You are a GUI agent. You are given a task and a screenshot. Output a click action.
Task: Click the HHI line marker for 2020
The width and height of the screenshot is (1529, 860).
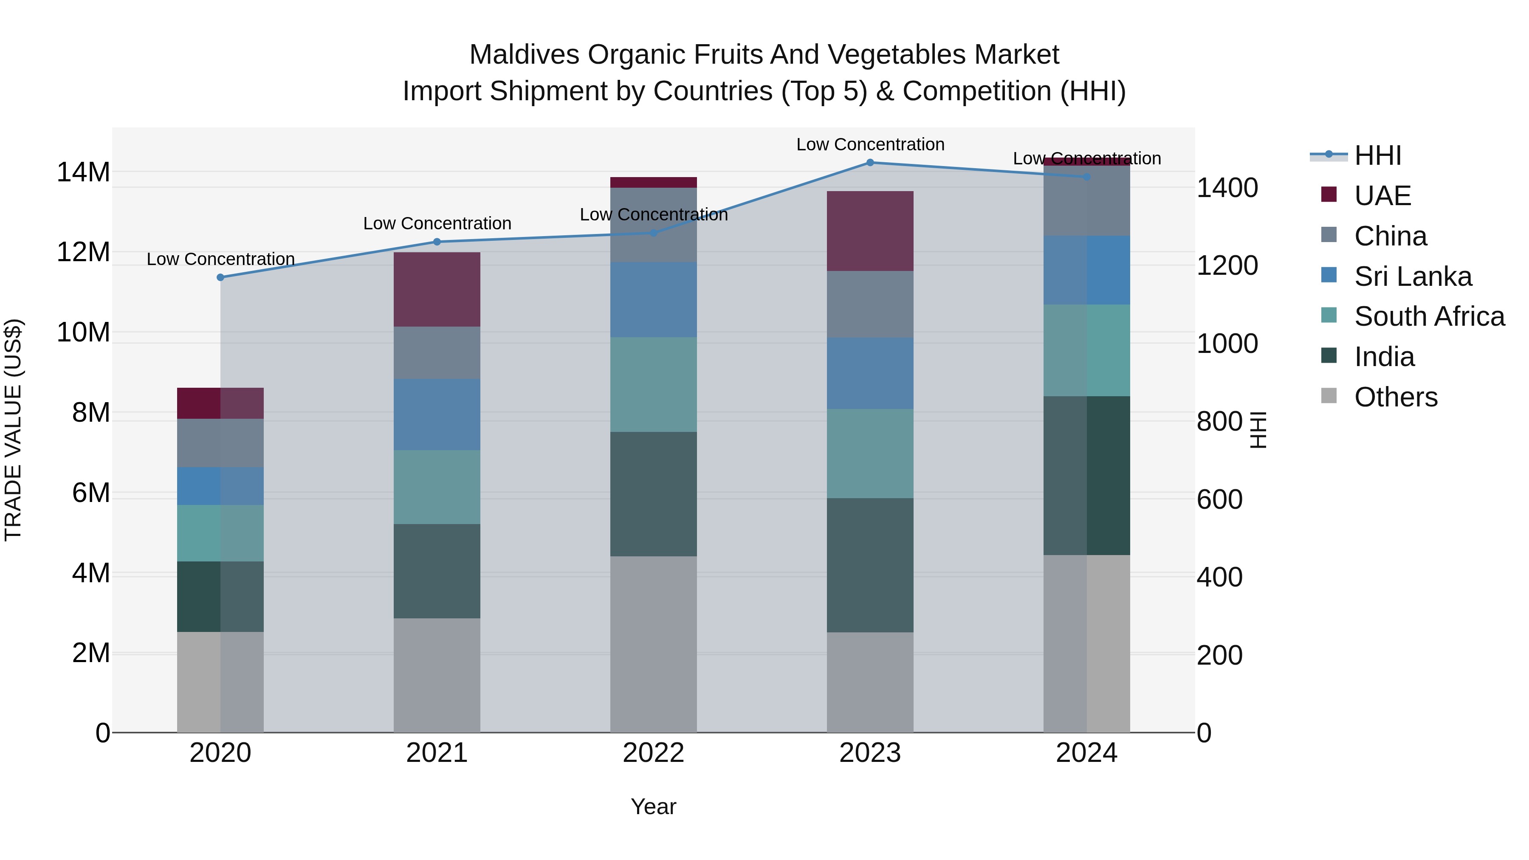click(220, 277)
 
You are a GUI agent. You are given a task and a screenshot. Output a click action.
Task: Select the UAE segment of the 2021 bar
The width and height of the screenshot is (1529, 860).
click(437, 289)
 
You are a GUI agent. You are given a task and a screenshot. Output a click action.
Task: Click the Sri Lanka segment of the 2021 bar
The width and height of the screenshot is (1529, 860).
click(437, 414)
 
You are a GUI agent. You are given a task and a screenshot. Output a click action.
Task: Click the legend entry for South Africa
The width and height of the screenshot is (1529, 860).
click(1429, 316)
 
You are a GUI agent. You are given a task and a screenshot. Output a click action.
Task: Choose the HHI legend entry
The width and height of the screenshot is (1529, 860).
click(1377, 155)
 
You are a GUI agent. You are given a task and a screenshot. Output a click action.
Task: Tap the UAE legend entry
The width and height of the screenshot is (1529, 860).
click(1382, 196)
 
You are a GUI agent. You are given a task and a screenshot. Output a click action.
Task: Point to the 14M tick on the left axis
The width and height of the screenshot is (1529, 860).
click(83, 172)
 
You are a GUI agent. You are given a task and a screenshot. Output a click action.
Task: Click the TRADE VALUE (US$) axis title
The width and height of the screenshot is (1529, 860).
click(13, 430)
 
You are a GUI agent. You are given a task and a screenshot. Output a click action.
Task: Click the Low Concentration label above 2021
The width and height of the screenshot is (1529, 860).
click(437, 224)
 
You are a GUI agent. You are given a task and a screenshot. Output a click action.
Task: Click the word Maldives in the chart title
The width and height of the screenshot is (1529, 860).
click(524, 55)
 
